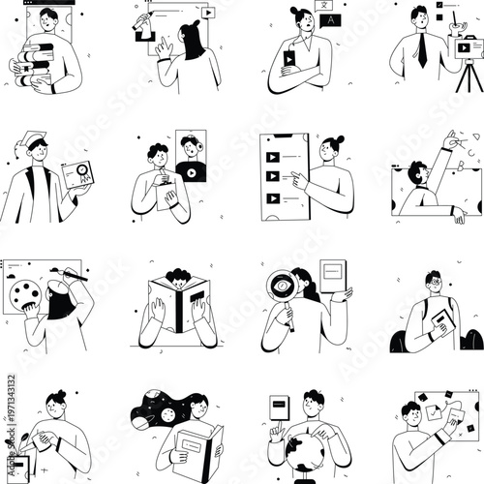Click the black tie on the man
422,49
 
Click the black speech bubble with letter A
331,18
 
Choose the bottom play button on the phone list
272,198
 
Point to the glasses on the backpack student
435,284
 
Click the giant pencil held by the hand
147,23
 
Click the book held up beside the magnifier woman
334,277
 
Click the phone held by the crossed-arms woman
288,59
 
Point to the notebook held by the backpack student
443,320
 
